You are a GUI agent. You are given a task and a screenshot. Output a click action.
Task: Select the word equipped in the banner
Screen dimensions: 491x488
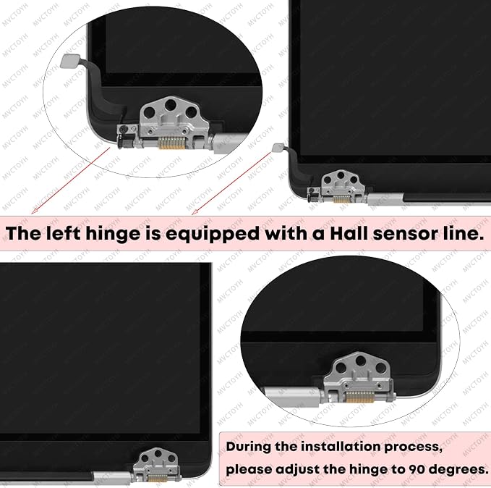[x=213, y=235]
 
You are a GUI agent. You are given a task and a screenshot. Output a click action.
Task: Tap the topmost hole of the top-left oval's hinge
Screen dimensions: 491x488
[x=171, y=105]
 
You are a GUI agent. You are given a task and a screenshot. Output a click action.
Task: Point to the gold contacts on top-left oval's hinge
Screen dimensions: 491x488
[x=171, y=143]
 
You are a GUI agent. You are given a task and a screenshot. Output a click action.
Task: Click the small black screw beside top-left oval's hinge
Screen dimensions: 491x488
[x=124, y=129]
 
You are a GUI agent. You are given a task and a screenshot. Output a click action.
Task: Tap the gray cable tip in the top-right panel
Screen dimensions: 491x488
[x=278, y=147]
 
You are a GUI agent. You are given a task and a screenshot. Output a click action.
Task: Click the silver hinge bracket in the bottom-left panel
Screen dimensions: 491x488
[x=157, y=464]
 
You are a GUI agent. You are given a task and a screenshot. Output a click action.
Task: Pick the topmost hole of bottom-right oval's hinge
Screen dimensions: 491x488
[x=361, y=361]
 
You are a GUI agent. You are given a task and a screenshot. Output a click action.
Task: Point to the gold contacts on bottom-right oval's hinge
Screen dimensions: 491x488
[x=359, y=397]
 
